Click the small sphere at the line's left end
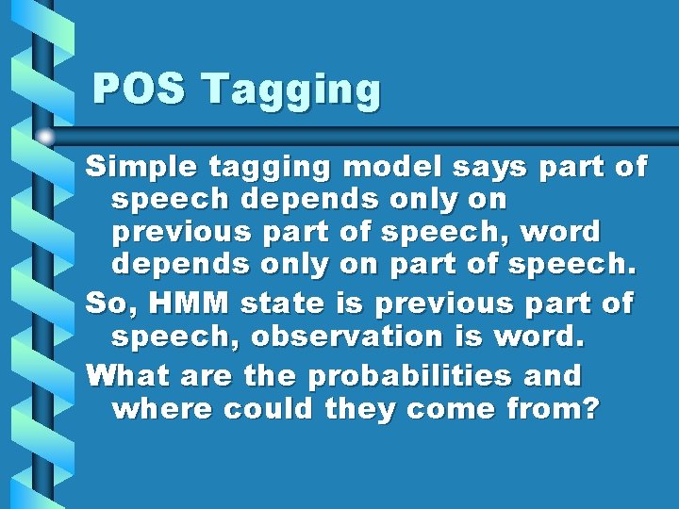pos(44,137)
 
